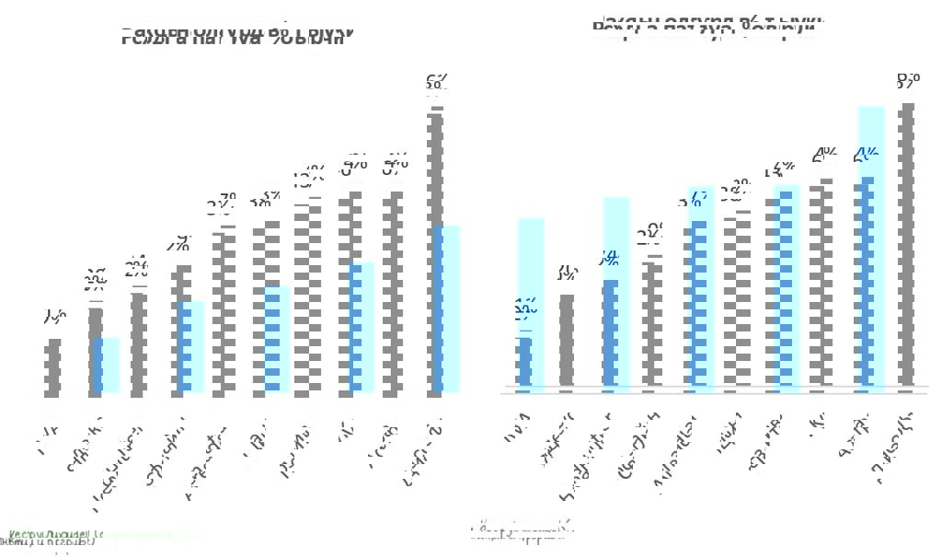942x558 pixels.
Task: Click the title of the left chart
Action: (x=237, y=36)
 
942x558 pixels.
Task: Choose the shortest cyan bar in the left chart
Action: (x=109, y=366)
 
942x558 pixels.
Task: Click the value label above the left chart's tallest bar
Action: (x=436, y=84)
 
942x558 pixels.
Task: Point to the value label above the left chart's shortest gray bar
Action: (x=53, y=318)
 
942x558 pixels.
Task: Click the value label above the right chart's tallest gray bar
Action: (x=907, y=80)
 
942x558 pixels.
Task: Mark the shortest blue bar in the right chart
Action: (x=524, y=365)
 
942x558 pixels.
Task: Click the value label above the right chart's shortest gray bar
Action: (x=567, y=273)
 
